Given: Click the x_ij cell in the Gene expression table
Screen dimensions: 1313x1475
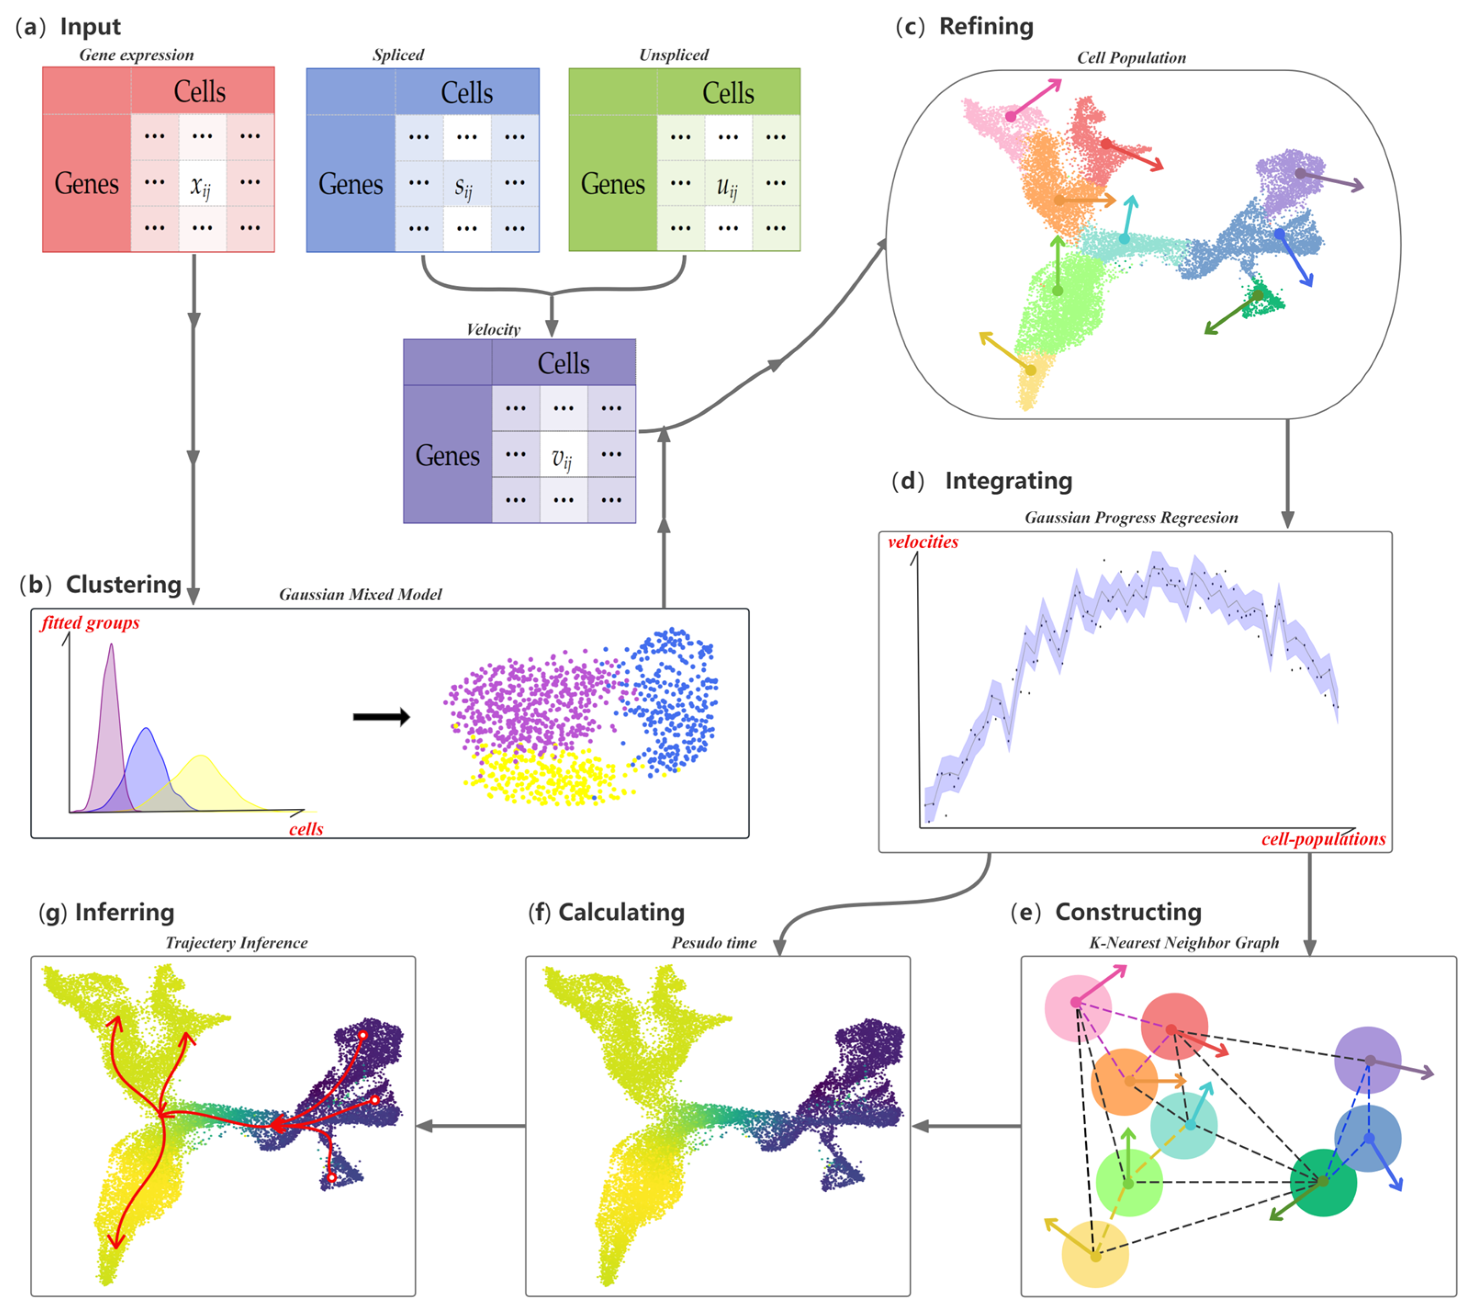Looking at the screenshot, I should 202,185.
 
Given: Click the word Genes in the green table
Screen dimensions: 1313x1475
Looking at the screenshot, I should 613,185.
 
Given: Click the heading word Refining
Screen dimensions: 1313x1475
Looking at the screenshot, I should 986,27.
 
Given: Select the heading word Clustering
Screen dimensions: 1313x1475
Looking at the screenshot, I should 123,584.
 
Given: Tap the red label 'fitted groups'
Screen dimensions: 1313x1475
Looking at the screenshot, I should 90,622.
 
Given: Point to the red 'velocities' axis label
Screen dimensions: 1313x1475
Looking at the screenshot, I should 923,542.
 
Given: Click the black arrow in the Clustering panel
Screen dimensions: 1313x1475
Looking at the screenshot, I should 381,717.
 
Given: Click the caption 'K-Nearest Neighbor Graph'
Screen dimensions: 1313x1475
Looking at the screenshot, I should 1183,943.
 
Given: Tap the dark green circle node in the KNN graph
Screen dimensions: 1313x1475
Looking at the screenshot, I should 1323,1183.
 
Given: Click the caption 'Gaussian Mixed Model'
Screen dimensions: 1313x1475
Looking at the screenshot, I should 360,595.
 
